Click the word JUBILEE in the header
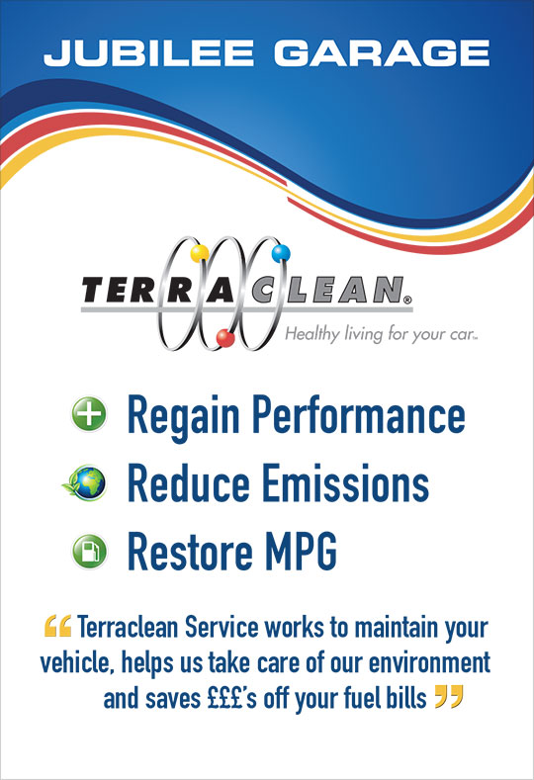(148, 53)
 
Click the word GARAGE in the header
(382, 53)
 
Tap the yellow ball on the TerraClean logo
(200, 253)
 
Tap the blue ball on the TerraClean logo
(281, 253)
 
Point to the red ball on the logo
(225, 338)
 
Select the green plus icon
(89, 414)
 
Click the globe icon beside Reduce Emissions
(85, 482)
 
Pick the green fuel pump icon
(90, 552)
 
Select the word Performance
(359, 414)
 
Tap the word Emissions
(345, 482)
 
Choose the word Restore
(190, 552)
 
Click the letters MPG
(301, 552)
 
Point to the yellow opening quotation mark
(57, 626)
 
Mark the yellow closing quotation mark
(449, 696)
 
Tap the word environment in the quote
(429, 662)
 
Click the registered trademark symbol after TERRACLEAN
(407, 300)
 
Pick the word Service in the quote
(222, 628)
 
